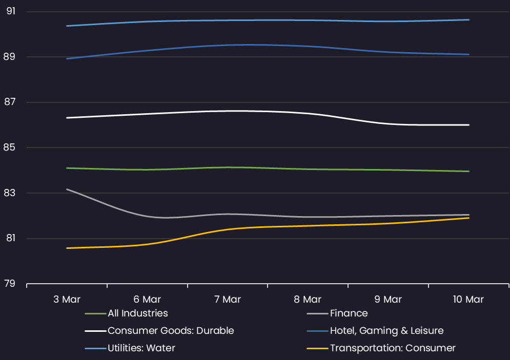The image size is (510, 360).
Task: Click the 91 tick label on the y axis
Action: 11,11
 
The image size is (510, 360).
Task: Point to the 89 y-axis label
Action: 9,56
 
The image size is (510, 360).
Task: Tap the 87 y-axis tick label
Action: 10,102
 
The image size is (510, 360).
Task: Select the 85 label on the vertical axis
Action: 9,147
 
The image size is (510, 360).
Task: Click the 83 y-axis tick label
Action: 9,193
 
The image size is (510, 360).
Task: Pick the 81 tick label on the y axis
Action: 11,238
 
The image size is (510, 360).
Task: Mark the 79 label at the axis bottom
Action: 10,283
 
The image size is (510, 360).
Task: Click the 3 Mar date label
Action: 67,299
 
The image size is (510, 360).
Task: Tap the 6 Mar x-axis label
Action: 147,299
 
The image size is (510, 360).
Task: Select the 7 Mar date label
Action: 228,299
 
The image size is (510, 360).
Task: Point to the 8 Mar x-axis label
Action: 308,299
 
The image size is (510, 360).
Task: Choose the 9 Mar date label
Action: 388,299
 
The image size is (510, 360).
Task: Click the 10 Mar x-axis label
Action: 468,299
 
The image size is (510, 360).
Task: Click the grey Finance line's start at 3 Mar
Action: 67,189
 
